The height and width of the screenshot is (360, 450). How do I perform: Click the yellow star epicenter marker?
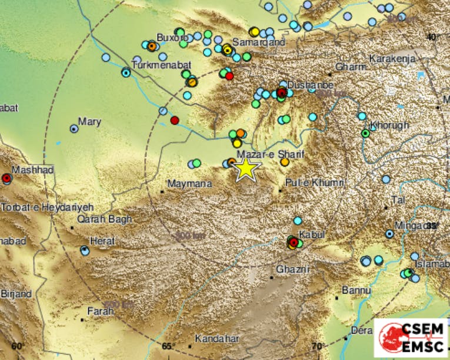tap(246, 169)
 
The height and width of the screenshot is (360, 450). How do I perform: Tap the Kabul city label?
tap(312, 234)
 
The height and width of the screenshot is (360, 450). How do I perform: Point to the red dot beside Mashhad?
tap(6, 178)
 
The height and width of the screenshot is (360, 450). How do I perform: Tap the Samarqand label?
tap(259, 42)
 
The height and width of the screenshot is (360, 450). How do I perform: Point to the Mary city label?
tap(89, 122)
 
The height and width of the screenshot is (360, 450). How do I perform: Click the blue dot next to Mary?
tap(74, 128)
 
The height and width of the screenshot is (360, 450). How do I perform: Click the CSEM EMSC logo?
tap(410, 338)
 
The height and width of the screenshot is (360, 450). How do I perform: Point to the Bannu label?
tap(356, 290)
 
